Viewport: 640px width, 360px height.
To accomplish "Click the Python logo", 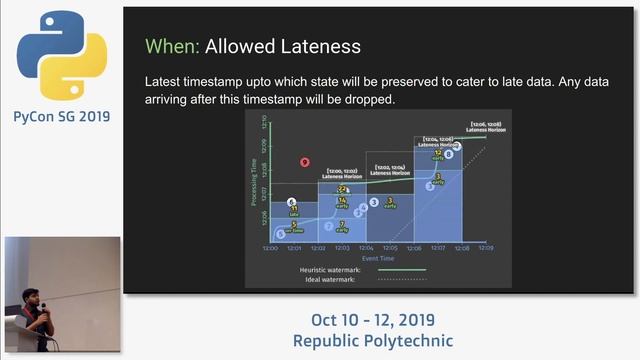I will pyautogui.click(x=61, y=55).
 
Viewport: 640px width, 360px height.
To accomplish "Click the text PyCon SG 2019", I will pyautogui.click(x=61, y=117).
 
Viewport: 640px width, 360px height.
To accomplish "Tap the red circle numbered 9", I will pyautogui.click(x=305, y=162).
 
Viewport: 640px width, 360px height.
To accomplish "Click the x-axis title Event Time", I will pyautogui.click(x=377, y=258).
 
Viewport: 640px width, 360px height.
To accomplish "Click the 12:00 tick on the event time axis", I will pyautogui.click(x=270, y=248).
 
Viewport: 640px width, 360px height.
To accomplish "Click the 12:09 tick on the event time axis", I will pyautogui.click(x=485, y=248).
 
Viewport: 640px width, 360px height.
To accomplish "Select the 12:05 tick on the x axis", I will pyautogui.click(x=389, y=248).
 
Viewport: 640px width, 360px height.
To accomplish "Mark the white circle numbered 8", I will pyautogui.click(x=449, y=154).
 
